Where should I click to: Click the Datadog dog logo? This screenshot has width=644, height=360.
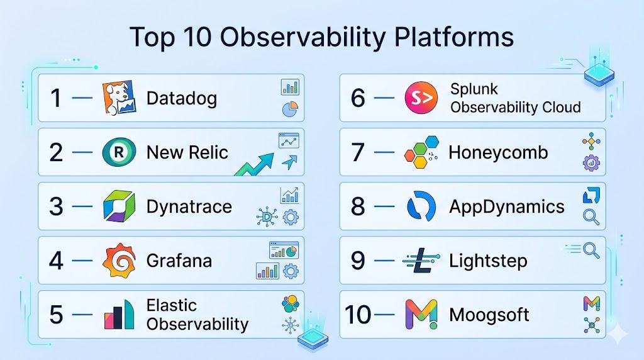point(119,98)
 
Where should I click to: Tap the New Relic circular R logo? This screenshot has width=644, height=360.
point(119,152)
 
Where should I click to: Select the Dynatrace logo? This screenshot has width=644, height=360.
point(119,206)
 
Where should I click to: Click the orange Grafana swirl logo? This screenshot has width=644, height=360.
point(119,261)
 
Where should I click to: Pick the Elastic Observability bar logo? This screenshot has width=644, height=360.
point(119,315)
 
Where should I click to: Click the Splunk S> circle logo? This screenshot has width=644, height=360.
point(421,98)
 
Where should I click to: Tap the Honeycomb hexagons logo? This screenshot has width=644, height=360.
point(421,152)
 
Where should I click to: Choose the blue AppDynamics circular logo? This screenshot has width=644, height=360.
point(421,206)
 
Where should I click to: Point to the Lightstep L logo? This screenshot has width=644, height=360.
point(421,261)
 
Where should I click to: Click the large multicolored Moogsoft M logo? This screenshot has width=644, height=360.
point(421,315)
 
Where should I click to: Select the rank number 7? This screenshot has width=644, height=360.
point(358,152)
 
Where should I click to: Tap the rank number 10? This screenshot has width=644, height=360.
point(358,315)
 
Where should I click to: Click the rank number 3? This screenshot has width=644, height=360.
point(56,206)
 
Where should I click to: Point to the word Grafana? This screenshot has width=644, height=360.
point(179,261)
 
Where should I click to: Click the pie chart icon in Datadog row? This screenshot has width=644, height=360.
point(290,110)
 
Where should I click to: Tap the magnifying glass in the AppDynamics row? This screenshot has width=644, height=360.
point(591,217)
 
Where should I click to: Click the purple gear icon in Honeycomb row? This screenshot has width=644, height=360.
point(591,163)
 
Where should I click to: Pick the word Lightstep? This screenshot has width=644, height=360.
point(488,261)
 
